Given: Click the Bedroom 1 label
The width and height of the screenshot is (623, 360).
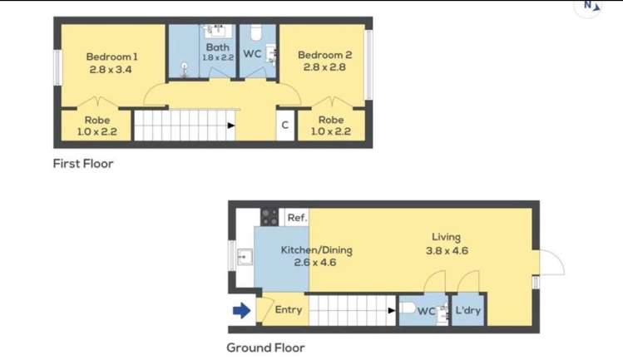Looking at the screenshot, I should pyautogui.click(x=112, y=62).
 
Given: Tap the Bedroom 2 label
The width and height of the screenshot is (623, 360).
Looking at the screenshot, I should pyautogui.click(x=325, y=62).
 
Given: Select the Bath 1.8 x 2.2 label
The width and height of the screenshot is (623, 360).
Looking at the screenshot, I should pyautogui.click(x=218, y=52).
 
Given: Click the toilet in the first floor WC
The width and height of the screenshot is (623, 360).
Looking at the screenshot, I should pyautogui.click(x=257, y=33).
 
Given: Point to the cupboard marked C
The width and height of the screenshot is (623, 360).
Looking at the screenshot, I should pyautogui.click(x=284, y=126).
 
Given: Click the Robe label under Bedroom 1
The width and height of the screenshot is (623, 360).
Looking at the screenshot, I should pyautogui.click(x=97, y=126).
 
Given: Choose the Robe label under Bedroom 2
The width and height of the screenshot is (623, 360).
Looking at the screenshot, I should pyautogui.click(x=330, y=126).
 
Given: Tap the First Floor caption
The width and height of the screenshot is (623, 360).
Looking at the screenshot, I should pyautogui.click(x=83, y=164).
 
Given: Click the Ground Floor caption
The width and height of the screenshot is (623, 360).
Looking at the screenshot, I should pyautogui.click(x=265, y=348).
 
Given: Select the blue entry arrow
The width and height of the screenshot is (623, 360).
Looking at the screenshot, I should pyautogui.click(x=241, y=311).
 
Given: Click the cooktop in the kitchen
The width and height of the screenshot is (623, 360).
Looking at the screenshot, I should pyautogui.click(x=269, y=217).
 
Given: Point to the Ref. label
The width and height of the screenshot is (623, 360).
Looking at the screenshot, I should pyautogui.click(x=297, y=218).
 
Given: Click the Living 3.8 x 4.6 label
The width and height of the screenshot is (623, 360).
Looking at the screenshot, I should pyautogui.click(x=446, y=244).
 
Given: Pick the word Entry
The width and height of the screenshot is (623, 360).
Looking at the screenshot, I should pyautogui.click(x=288, y=310).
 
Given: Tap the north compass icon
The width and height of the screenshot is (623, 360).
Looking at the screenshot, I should pyautogui.click(x=590, y=7).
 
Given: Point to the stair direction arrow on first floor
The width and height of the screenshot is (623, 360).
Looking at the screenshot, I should pyautogui.click(x=230, y=126).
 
